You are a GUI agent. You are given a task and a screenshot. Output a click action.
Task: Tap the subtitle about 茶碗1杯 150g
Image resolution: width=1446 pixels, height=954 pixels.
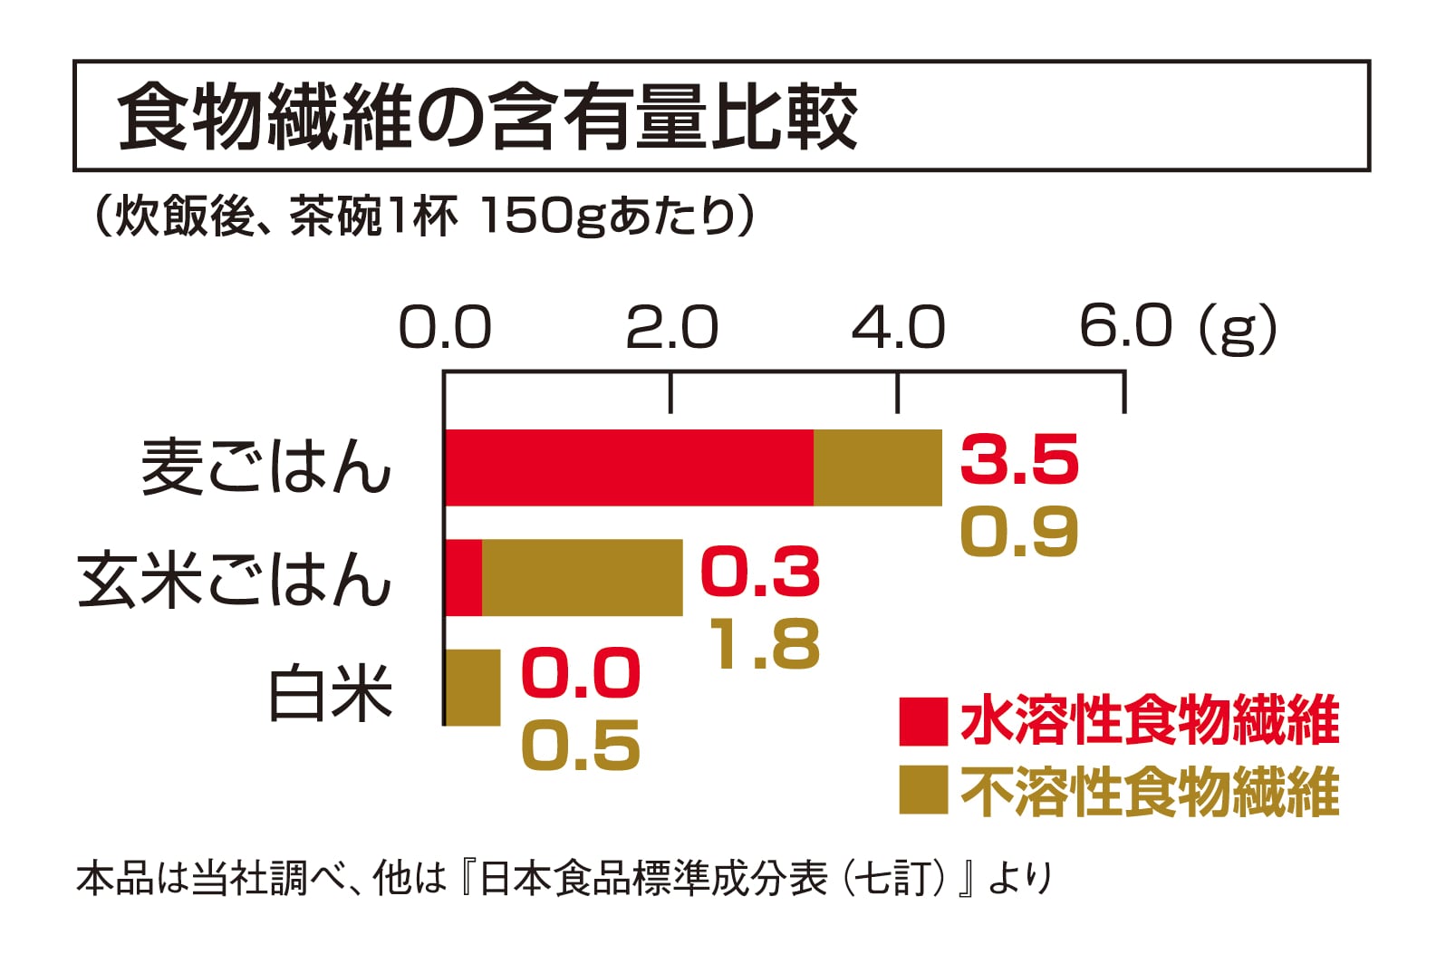pyautogui.click(x=421, y=216)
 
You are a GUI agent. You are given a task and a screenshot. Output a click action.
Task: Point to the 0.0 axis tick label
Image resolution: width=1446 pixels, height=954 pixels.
pyautogui.click(x=445, y=328)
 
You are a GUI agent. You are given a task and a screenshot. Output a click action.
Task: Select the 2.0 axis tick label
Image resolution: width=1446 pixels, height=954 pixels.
pyautogui.click(x=671, y=328)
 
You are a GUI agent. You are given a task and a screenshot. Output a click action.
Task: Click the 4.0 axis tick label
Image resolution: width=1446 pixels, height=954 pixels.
pyautogui.click(x=898, y=328)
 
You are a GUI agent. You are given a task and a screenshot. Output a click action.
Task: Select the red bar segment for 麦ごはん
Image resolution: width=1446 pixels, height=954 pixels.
pyautogui.click(x=629, y=467)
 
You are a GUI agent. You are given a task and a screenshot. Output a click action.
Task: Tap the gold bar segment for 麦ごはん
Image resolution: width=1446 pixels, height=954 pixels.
pyautogui.click(x=877, y=467)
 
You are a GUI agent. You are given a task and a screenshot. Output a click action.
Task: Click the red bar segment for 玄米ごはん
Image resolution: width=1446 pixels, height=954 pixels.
pyautogui.click(x=463, y=578)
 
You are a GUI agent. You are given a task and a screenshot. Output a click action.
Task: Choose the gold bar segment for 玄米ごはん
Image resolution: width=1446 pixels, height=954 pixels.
pyautogui.click(x=582, y=578)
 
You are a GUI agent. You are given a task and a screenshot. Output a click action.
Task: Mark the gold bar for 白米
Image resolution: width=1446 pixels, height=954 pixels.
pyautogui.click(x=473, y=688)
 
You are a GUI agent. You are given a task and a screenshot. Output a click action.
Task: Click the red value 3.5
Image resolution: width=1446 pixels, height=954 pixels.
pyautogui.click(x=1019, y=459)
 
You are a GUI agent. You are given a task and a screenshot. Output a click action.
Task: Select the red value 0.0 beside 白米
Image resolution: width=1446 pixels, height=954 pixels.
pyautogui.click(x=581, y=673)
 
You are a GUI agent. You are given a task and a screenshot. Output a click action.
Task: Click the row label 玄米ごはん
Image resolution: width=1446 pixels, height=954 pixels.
pyautogui.click(x=234, y=579)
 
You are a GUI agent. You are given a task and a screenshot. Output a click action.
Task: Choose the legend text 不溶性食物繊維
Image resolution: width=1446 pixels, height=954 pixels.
pyautogui.click(x=1150, y=792)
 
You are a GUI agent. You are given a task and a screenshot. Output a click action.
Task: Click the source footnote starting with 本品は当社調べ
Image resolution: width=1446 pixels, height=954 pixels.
pyautogui.click(x=564, y=878)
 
